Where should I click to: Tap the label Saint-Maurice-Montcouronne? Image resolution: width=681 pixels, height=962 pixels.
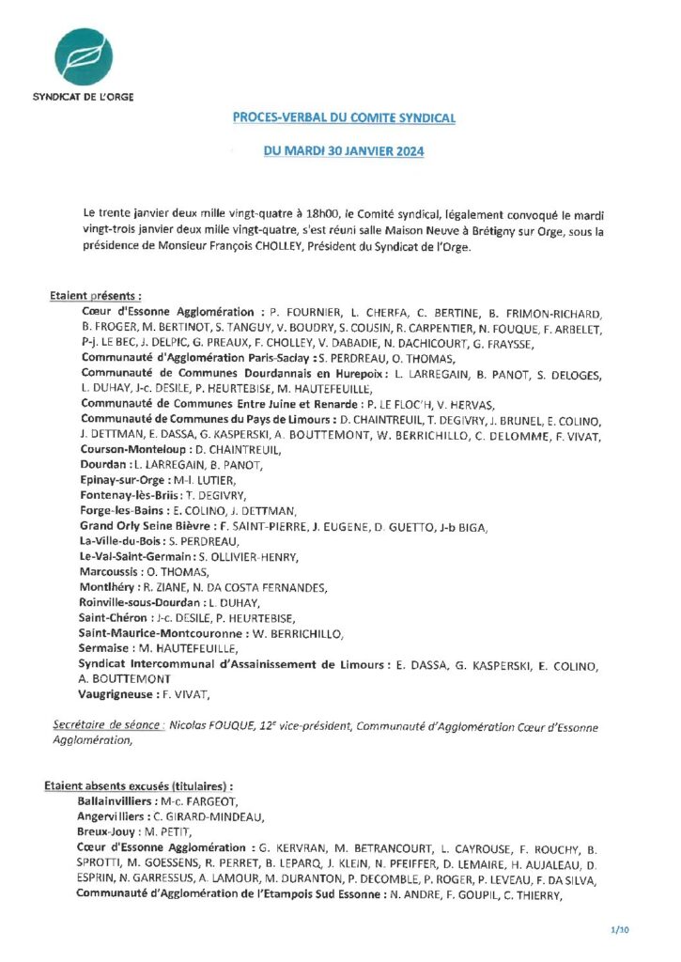pos(159,633)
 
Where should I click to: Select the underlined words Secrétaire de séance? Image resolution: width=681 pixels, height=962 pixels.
pos(108,726)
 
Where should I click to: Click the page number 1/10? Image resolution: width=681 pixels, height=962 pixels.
pos(619,930)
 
